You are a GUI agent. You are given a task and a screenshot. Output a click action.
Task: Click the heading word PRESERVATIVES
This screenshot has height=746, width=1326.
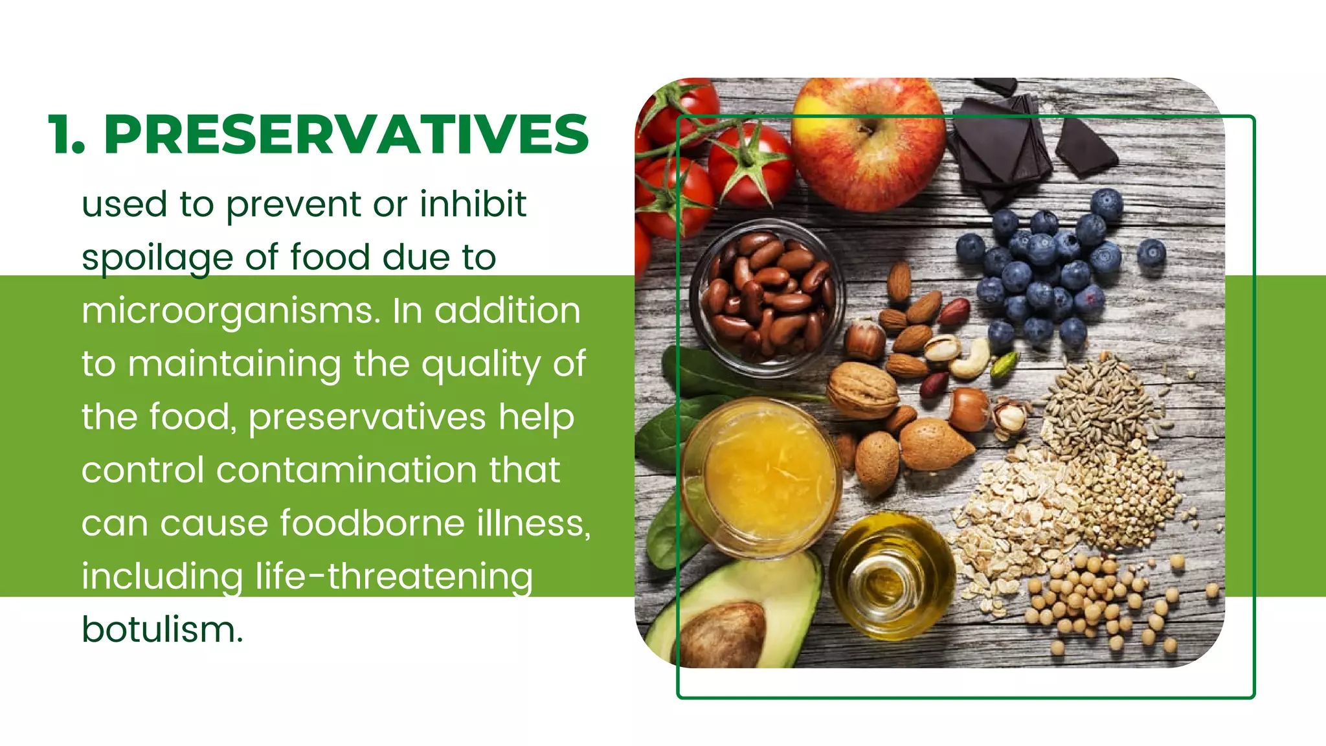346,135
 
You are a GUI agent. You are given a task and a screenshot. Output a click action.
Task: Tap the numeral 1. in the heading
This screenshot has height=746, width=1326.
66,135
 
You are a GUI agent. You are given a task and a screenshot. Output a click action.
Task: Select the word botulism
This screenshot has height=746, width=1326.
162,629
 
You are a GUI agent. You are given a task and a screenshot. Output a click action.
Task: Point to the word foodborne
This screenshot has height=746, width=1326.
372,523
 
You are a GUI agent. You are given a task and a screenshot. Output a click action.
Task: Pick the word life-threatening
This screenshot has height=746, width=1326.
394,576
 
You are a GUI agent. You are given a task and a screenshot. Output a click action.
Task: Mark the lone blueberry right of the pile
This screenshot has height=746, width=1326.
1151,253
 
